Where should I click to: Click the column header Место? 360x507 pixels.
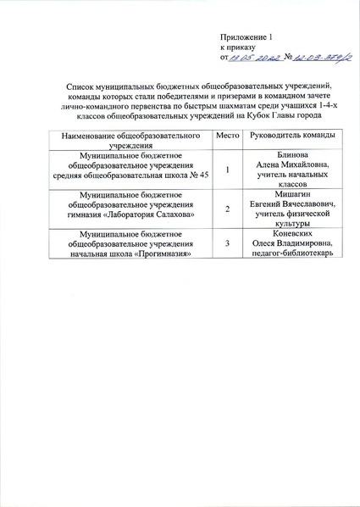point(225,136)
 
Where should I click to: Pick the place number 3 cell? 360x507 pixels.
point(226,245)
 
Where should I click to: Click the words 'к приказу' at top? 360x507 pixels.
point(238,48)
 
